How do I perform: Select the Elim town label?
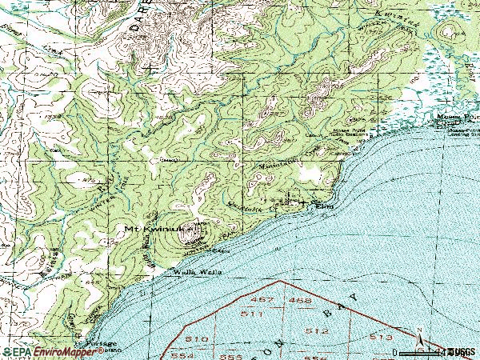tap(324, 206)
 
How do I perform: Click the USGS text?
tap(462, 351)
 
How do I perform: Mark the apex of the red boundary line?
tap(278, 282)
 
